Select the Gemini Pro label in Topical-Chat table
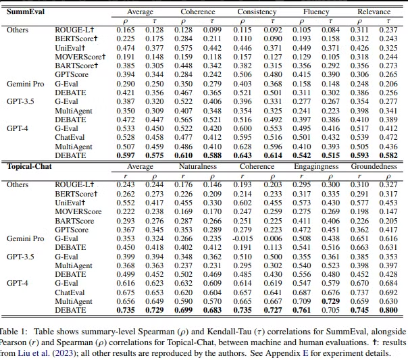pos(24,238)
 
